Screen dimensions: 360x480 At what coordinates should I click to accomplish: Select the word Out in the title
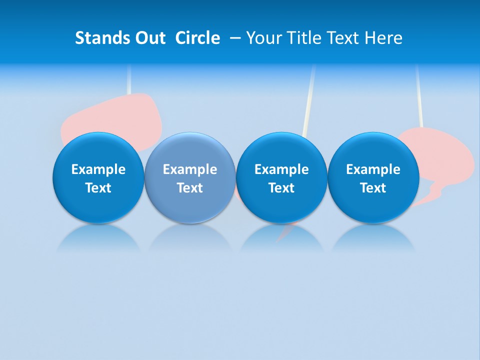149,38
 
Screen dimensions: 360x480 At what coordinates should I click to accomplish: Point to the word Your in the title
264,38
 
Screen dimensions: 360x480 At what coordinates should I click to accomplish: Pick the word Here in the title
383,38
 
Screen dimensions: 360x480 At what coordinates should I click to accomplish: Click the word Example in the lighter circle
190,169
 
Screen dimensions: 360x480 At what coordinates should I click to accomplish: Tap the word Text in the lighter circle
190,188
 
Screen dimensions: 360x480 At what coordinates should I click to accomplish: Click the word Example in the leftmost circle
98,169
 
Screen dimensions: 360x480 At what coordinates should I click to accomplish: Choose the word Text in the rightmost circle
373,188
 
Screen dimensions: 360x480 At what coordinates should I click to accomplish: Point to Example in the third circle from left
281,169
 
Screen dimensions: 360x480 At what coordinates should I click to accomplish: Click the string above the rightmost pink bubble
419,95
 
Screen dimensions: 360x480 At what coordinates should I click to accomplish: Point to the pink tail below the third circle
285,232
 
